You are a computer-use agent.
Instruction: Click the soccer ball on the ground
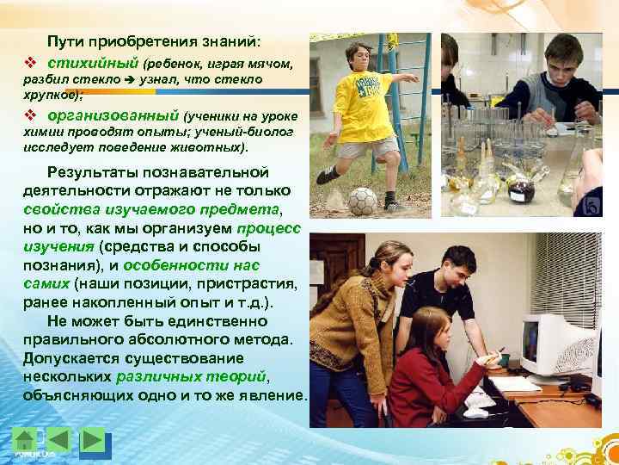click(363, 201)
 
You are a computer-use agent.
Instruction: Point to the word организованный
click(113, 115)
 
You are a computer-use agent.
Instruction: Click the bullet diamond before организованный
click(29, 115)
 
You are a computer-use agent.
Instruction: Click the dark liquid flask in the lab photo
click(518, 186)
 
